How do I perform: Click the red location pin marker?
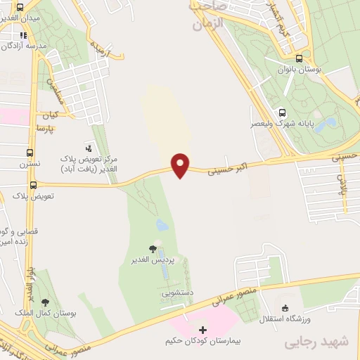(x=181, y=165)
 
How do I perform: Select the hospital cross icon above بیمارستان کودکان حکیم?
(x=203, y=329)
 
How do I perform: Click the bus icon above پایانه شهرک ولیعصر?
(x=282, y=112)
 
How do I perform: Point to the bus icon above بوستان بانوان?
(x=300, y=60)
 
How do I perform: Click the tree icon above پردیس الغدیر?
(x=153, y=249)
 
